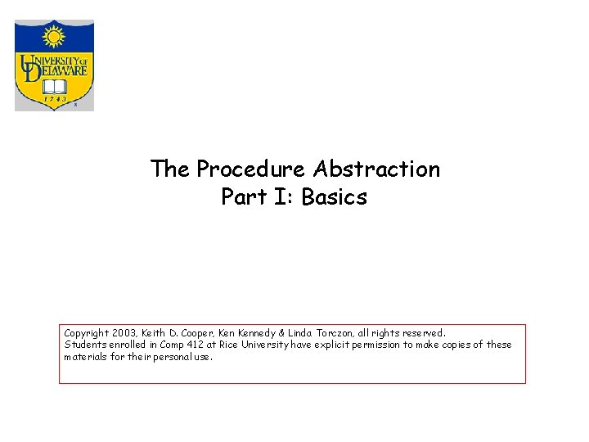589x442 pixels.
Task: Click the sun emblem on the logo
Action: coord(54,37)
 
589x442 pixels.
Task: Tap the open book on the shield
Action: coord(54,86)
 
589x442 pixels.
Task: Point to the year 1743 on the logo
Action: coord(54,99)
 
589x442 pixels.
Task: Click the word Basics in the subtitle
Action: coord(335,197)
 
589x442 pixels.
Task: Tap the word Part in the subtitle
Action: coord(239,197)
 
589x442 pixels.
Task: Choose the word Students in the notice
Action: coord(84,345)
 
